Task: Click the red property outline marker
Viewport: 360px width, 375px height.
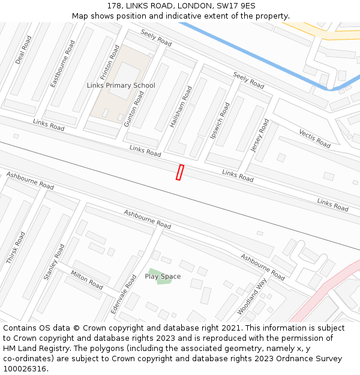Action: (179, 172)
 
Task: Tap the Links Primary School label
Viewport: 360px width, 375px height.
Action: (121, 86)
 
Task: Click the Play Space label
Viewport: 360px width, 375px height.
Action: (163, 277)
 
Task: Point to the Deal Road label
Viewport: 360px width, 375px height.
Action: (23, 50)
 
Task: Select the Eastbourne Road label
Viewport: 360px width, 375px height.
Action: (62, 64)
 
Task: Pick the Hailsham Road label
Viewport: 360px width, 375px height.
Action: (181, 106)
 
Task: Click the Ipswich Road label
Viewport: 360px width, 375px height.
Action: (220, 121)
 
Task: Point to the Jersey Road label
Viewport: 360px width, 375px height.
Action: (260, 135)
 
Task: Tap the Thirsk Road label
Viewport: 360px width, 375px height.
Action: (16, 248)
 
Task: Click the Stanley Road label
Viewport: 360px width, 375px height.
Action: (53, 262)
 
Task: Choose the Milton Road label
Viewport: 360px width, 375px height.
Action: (88, 279)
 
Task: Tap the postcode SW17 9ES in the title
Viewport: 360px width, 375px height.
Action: (236, 5)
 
